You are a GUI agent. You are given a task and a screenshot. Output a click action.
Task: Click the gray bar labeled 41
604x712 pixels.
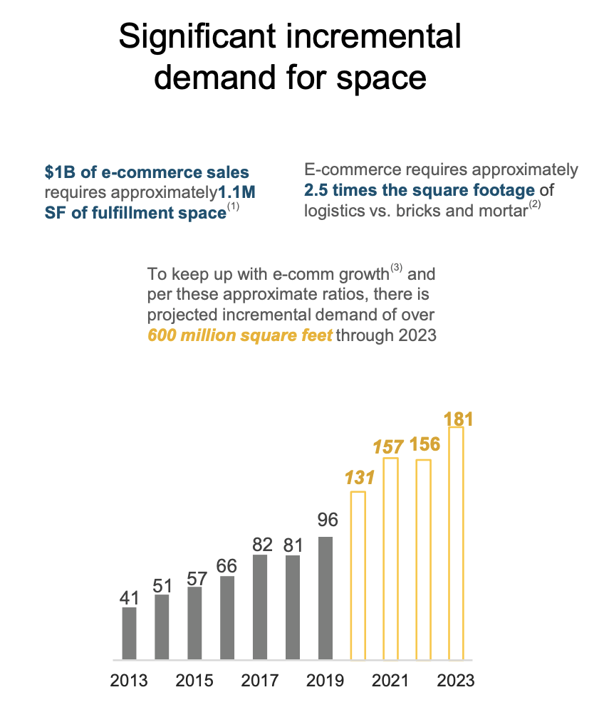(x=129, y=633)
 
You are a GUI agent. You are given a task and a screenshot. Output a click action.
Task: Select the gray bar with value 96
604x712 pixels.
(x=326, y=598)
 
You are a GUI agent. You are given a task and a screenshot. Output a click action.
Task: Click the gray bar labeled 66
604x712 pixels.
(x=227, y=617)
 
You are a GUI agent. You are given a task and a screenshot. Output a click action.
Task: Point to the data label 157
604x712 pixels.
(x=390, y=447)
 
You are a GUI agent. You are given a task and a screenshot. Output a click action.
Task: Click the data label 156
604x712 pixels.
(x=425, y=445)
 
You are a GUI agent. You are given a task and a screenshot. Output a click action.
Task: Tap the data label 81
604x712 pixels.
(x=293, y=546)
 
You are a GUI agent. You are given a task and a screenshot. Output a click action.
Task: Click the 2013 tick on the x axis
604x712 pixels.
(x=129, y=680)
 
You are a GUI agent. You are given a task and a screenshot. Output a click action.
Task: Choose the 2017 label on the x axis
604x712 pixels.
(x=260, y=680)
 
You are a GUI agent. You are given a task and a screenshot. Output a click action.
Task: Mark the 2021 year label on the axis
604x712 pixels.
(x=390, y=680)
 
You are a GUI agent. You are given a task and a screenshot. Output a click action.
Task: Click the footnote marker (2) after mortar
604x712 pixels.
(x=536, y=206)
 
